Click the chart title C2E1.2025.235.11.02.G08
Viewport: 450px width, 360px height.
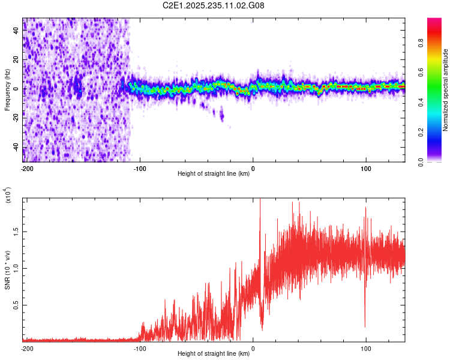point(214,6)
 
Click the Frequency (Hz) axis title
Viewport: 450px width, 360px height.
point(7,90)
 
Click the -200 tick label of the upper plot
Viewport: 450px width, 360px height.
point(26,167)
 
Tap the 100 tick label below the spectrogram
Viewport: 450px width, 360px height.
point(366,167)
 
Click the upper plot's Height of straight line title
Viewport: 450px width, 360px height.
point(213,174)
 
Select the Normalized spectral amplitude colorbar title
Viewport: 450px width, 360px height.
point(445,90)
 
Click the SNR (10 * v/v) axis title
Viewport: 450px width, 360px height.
point(7,270)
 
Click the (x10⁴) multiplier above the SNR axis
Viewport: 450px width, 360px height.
point(8,196)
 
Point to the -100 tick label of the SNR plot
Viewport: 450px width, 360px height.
point(140,347)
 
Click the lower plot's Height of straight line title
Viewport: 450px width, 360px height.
point(213,354)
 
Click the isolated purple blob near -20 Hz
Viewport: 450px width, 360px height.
point(222,113)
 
